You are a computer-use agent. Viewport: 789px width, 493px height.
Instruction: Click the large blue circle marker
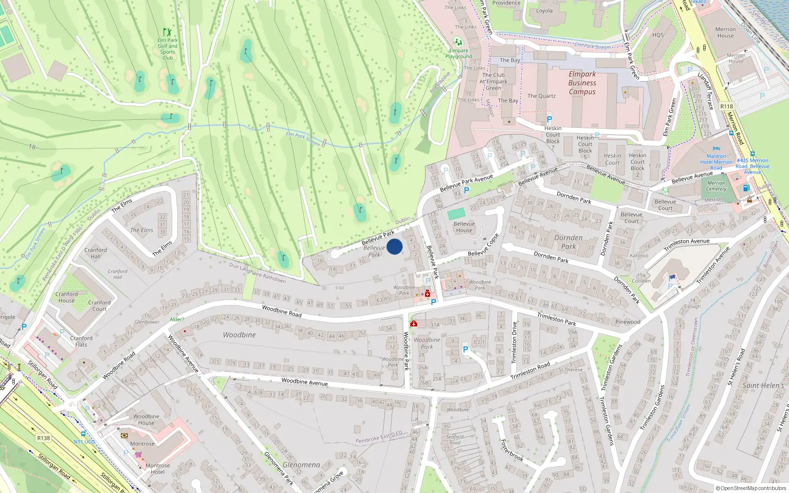(x=394, y=246)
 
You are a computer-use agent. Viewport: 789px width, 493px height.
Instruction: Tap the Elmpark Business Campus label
(x=582, y=83)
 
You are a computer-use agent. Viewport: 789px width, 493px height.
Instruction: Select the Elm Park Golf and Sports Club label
(x=168, y=49)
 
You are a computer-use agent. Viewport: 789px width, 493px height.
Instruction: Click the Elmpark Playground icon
(x=458, y=42)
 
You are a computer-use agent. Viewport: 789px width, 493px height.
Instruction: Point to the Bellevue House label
(x=464, y=227)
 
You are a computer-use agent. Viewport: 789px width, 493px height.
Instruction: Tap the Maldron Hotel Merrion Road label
(x=717, y=162)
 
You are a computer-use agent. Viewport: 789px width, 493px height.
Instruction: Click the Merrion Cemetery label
(x=716, y=186)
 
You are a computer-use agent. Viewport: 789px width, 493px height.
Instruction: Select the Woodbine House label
(x=146, y=420)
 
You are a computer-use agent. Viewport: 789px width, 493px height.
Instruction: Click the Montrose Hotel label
(x=157, y=468)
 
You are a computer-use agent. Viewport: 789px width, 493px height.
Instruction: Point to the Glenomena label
(x=301, y=465)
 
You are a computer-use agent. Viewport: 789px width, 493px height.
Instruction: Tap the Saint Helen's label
(x=763, y=386)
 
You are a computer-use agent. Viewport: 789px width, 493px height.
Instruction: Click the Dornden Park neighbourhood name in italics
(x=568, y=242)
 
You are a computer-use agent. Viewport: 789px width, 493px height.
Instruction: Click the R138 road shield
(x=43, y=438)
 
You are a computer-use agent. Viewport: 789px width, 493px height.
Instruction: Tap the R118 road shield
(x=726, y=106)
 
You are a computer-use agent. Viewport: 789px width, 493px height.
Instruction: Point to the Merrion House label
(x=725, y=33)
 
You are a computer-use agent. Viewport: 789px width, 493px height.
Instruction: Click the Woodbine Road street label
(x=282, y=311)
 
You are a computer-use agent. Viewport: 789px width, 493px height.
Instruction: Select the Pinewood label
(x=628, y=322)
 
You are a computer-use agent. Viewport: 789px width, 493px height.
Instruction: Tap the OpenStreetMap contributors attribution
(x=751, y=488)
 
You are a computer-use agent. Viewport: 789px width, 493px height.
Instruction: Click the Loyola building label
(x=544, y=11)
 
